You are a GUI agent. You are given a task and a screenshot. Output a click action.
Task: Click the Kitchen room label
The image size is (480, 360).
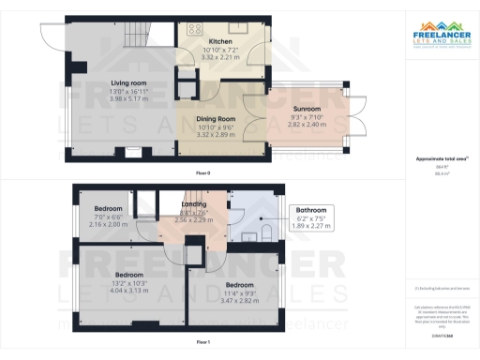tap(220, 42)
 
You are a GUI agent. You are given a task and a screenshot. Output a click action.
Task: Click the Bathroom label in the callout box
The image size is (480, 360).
tap(310, 210)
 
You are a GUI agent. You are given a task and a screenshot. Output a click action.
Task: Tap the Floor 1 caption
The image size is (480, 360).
tap(202, 342)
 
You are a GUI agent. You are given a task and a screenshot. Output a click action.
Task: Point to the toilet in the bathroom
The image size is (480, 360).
tap(267, 231)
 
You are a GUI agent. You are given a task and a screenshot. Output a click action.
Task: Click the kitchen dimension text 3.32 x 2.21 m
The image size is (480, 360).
tap(220, 57)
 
